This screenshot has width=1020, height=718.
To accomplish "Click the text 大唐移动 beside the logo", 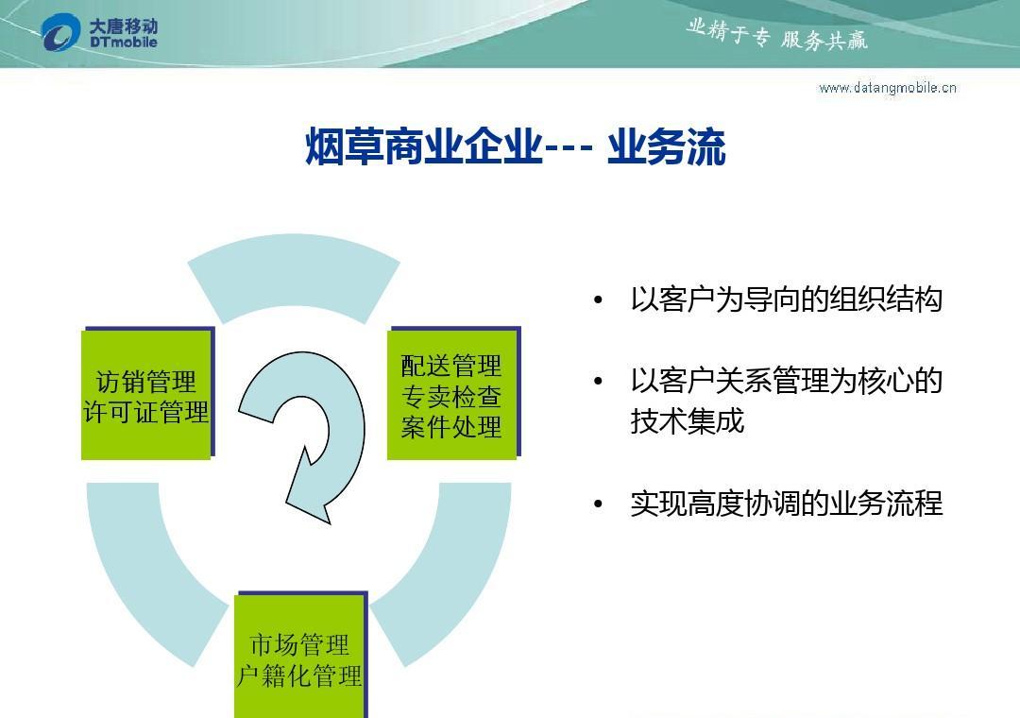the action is point(124,26).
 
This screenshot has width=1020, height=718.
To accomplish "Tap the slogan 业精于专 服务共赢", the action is point(776,35).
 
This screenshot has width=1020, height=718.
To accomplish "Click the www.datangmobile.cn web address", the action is point(888,88).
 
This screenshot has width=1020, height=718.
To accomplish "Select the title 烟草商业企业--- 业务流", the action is point(516,147).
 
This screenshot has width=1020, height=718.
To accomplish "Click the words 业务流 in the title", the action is point(667,147).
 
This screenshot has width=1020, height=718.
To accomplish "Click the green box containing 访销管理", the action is point(146,395).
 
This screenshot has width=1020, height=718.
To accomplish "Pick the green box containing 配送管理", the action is point(452,395).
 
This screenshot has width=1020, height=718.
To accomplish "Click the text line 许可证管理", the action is point(146,412).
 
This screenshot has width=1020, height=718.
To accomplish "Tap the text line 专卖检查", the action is point(451,397).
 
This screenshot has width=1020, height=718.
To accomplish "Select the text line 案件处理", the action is point(451,427).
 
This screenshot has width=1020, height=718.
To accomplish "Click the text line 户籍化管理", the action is point(299,676).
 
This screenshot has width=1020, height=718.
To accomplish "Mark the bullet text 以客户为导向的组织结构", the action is point(787,299).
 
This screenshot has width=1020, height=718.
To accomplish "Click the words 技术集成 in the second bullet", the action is point(687,421).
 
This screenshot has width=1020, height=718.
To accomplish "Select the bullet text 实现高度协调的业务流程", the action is point(787,504).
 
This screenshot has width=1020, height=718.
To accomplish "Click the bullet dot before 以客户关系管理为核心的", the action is point(599,381).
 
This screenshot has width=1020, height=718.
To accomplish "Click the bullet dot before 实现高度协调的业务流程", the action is point(599,504).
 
